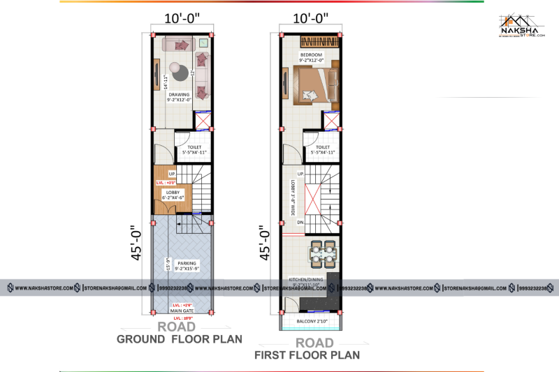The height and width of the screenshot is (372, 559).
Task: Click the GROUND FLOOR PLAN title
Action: click(x=179, y=340)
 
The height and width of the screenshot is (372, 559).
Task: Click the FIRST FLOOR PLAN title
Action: click(x=308, y=355)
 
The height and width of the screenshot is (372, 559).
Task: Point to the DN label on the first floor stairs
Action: click(x=300, y=223)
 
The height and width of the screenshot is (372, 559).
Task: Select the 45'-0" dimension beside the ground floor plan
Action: click(x=133, y=243)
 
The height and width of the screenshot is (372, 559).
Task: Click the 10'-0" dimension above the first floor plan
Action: click(x=311, y=17)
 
